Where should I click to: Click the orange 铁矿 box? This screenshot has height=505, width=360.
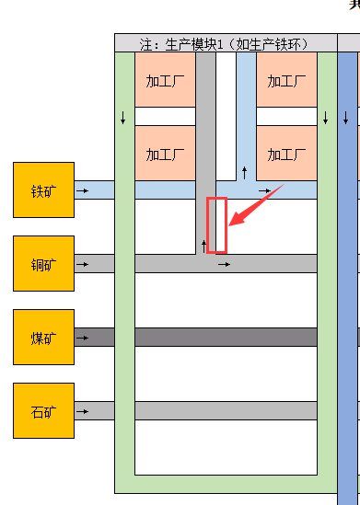pyautogui.click(x=43, y=190)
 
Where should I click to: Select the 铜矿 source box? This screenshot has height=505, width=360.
pyautogui.click(x=43, y=264)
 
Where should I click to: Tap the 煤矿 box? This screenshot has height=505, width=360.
pyautogui.click(x=43, y=338)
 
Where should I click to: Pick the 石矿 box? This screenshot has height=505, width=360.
pyautogui.click(x=43, y=410)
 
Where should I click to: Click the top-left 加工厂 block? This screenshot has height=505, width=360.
pyautogui.click(x=165, y=80)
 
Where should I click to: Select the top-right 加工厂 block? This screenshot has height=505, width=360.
pyautogui.click(x=286, y=80)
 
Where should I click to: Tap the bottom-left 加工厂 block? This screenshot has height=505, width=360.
pyautogui.click(x=165, y=153)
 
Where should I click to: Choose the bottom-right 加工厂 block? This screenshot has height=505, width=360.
pyautogui.click(x=286, y=153)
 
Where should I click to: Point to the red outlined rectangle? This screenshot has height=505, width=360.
pyautogui.click(x=216, y=224)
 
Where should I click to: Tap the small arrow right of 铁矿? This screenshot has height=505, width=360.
pyautogui.click(x=82, y=191)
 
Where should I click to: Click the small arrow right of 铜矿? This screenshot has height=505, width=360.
pyautogui.click(x=82, y=264)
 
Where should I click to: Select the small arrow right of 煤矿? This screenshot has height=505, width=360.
pyautogui.click(x=82, y=338)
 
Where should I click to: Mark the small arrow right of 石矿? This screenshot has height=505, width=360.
pyautogui.click(x=82, y=410)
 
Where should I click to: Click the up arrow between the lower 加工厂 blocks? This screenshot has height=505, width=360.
pyautogui.click(x=244, y=171)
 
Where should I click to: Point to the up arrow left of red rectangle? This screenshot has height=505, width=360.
pyautogui.click(x=204, y=246)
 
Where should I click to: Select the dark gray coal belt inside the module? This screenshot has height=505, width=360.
pyautogui.click(x=226, y=338)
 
